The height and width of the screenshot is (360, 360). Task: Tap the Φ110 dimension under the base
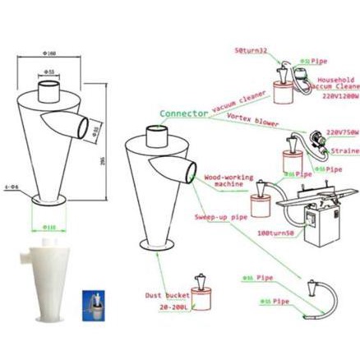click(x=50, y=227)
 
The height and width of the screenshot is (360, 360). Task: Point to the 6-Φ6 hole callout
click(x=12, y=187)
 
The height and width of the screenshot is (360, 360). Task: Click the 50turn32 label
click(x=251, y=51)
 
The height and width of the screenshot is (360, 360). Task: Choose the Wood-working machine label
click(x=223, y=181)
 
